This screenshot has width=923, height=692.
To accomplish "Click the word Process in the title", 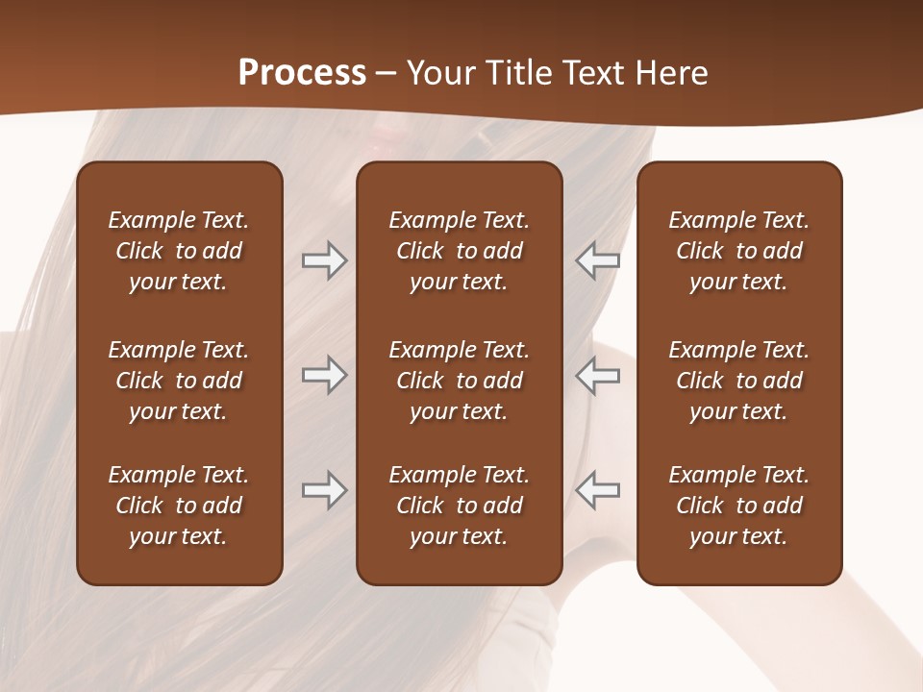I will click(x=302, y=73).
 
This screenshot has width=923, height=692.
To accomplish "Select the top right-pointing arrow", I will click(x=324, y=260).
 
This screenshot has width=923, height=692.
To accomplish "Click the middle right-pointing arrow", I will click(x=324, y=375).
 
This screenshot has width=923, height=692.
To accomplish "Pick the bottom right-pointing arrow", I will click(x=324, y=490).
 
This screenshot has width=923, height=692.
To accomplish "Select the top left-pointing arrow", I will click(x=598, y=260).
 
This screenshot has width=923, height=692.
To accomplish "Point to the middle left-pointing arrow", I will click(x=598, y=375).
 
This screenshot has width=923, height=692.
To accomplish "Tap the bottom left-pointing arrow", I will click(x=598, y=490).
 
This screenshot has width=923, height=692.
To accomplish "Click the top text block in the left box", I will click(x=179, y=251).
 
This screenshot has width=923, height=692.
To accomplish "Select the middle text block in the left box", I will click(x=179, y=381).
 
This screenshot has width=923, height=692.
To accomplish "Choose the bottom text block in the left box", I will click(x=179, y=506).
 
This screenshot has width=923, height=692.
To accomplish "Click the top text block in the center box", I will click(x=459, y=251).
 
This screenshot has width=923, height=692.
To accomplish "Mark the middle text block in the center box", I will click(x=459, y=381).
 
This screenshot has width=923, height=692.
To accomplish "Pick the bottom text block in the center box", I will click(x=459, y=506).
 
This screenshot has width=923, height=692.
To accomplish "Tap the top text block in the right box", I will click(x=738, y=251).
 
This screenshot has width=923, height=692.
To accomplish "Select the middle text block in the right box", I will click(x=738, y=381).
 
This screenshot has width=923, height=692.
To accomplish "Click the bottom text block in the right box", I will click(x=738, y=506).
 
